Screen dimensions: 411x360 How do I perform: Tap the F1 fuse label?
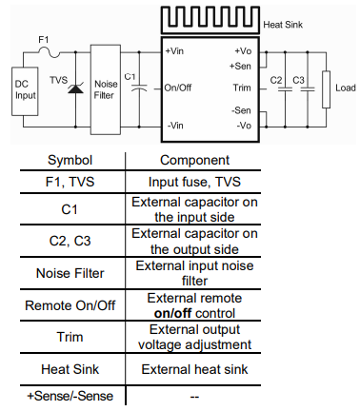pyautogui.click(x=42, y=40)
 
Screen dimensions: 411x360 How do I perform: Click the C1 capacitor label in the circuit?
pyautogui.click(x=130, y=75)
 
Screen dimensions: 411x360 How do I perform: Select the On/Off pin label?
pyautogui.click(x=178, y=88)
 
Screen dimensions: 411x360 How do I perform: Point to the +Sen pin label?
pyautogui.click(x=240, y=65)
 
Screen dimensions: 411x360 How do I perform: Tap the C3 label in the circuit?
pyautogui.click(x=298, y=77)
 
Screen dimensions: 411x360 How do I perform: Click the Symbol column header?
pyautogui.click(x=65, y=160)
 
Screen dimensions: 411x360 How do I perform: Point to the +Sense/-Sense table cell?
pyautogui.click(x=65, y=395)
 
